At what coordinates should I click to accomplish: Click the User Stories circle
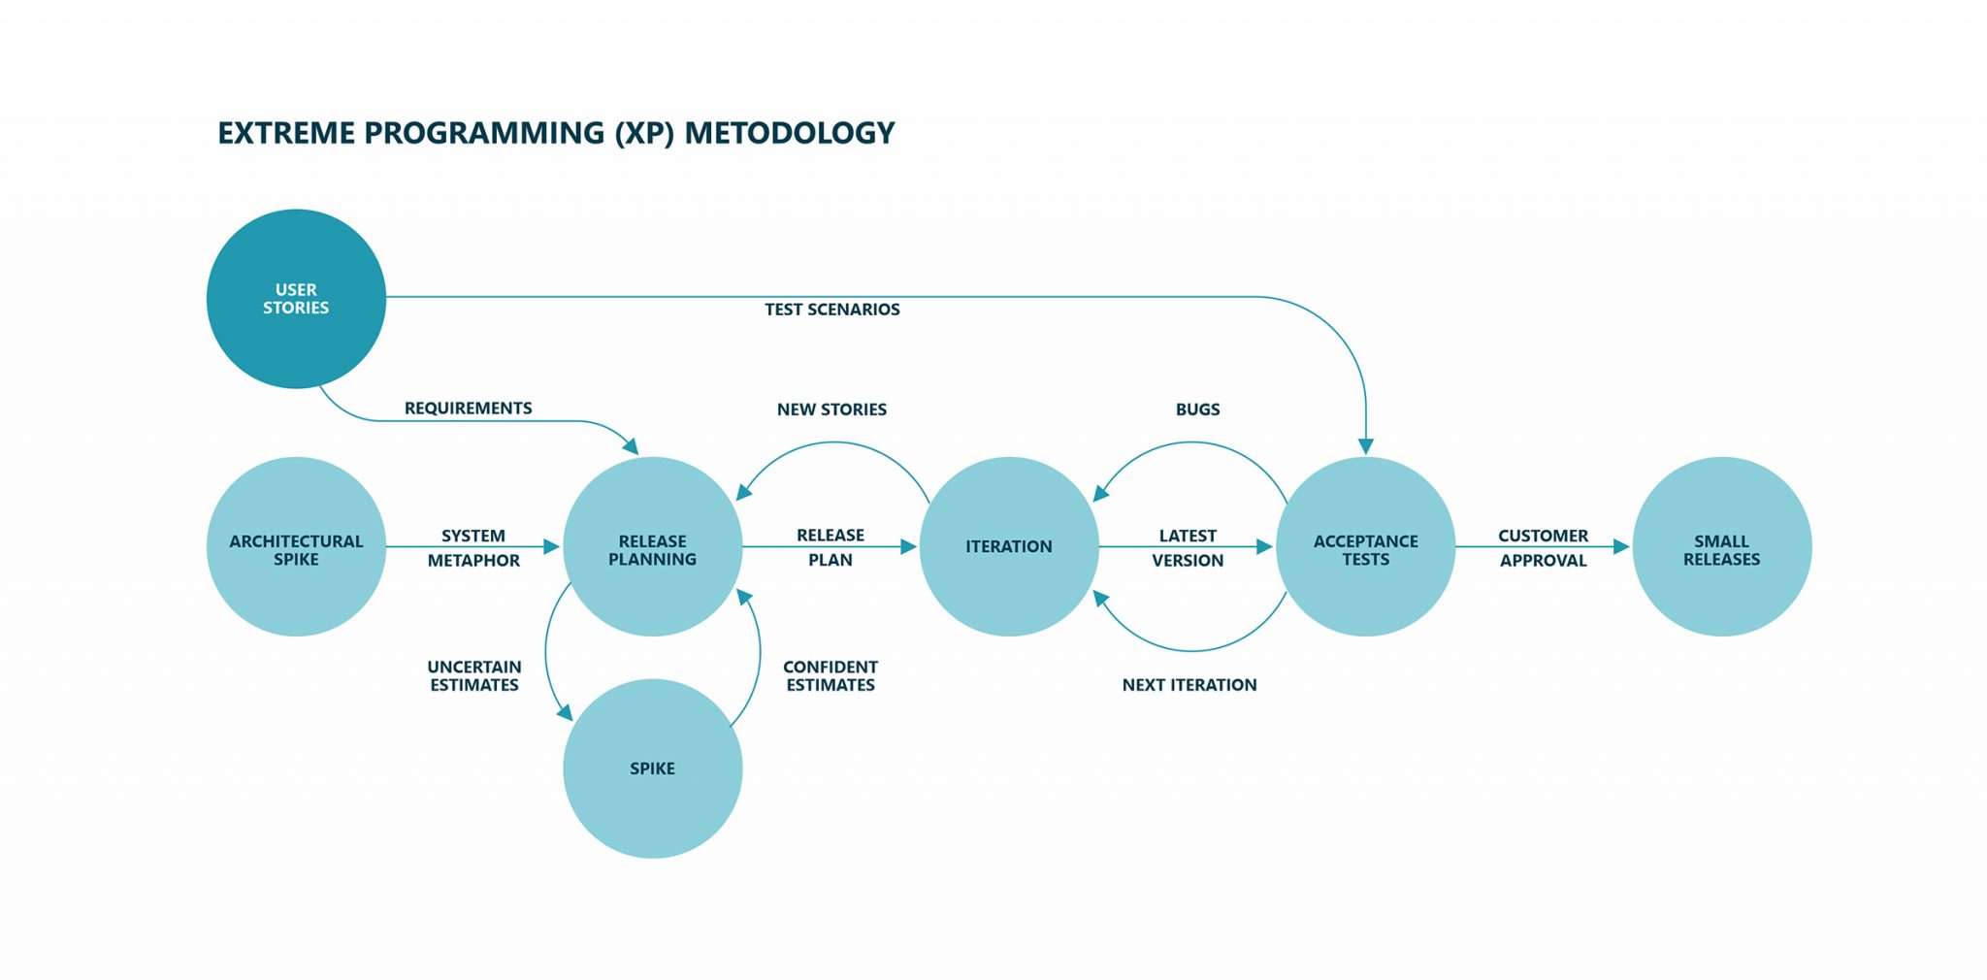pyautogui.click(x=296, y=299)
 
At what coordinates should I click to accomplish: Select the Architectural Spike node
pyautogui.click(x=296, y=547)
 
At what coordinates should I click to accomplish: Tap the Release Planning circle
pyautogui.click(x=652, y=547)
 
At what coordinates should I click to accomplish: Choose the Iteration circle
pyautogui.click(x=1009, y=547)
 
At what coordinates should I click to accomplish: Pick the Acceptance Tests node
pyautogui.click(x=1365, y=547)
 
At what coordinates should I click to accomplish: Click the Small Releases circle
pyautogui.click(x=1722, y=547)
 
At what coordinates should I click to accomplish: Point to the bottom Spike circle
pyautogui.click(x=652, y=768)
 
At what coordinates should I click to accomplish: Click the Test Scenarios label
pyautogui.click(x=831, y=310)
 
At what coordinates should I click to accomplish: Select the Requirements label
pyautogui.click(x=468, y=408)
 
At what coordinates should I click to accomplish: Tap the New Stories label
pyautogui.click(x=831, y=409)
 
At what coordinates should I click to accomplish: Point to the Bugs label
pyautogui.click(x=1197, y=409)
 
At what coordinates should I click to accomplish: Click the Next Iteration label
pyautogui.click(x=1189, y=685)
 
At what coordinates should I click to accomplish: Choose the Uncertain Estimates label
pyautogui.click(x=474, y=675)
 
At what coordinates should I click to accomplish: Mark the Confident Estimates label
pyautogui.click(x=831, y=675)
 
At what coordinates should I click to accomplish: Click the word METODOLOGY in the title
pyautogui.click(x=790, y=133)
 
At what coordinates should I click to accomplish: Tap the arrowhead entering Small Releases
pyautogui.click(x=1621, y=547)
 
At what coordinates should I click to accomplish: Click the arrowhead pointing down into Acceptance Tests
pyautogui.click(x=1365, y=446)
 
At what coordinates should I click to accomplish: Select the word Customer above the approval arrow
pyautogui.click(x=1543, y=536)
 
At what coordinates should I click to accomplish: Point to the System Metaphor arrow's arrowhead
pyautogui.click(x=552, y=547)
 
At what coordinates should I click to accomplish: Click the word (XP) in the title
pyautogui.click(x=644, y=133)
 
